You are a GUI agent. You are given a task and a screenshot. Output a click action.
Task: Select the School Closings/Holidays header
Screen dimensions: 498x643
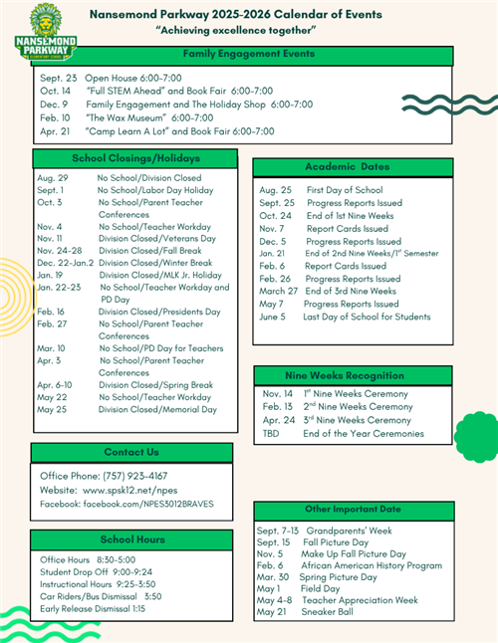[x=135, y=158]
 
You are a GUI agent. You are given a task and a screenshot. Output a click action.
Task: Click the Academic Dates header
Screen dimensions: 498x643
[x=348, y=167]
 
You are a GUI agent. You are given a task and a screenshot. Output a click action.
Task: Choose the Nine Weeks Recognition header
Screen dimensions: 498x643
[x=348, y=374]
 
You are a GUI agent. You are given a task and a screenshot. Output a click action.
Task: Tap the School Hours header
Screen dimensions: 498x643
[x=131, y=538]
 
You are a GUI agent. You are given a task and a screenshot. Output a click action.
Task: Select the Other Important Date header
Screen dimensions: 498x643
[x=354, y=509]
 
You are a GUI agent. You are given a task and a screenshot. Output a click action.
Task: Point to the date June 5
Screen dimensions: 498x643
[x=271, y=317]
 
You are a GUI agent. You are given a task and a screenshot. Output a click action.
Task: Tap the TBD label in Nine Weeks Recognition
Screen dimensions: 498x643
[x=271, y=433]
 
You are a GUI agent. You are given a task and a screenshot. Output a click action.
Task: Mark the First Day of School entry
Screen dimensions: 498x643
[x=345, y=189]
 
